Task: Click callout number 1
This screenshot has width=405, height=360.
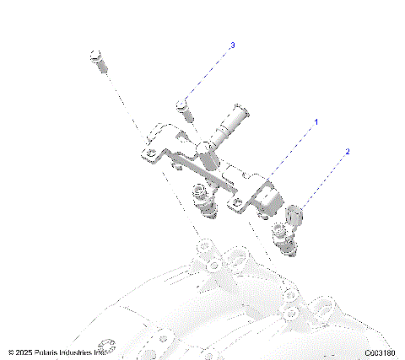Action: (x=316, y=122)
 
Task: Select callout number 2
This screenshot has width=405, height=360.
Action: (x=347, y=153)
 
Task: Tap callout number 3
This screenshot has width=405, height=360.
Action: (x=232, y=45)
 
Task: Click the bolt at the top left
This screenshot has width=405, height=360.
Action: (x=96, y=60)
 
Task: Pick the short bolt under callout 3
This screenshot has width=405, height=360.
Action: (x=183, y=109)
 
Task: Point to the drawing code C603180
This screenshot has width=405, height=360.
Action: (x=381, y=352)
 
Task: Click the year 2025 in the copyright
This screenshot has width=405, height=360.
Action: (x=24, y=352)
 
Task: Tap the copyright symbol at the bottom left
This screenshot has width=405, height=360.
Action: (x=11, y=352)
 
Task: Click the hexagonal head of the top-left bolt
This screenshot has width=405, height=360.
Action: (x=94, y=56)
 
